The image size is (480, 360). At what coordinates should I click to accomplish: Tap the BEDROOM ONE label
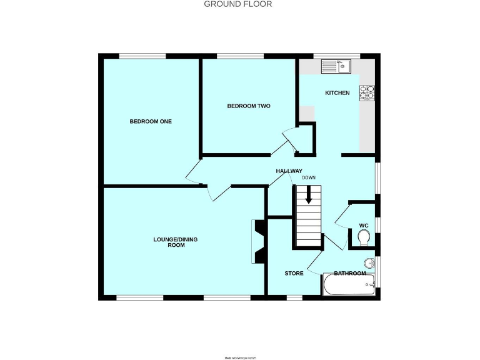pos(151,121)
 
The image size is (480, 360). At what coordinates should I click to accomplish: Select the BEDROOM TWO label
pos(248,106)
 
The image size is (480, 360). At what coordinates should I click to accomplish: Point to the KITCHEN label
pos(337,93)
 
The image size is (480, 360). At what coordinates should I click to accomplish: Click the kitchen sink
pos(337,65)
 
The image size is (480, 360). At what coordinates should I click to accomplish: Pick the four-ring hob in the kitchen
pos(366,92)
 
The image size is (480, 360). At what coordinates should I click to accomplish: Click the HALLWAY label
pos(289,171)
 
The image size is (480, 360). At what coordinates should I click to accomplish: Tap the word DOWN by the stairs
pos(309,177)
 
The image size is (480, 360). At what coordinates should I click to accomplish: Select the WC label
pos(363,225)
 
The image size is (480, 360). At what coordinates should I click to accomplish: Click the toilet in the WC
pos(364,236)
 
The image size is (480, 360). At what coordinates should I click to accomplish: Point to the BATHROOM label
pos(349,273)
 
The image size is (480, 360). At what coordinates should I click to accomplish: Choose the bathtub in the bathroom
pos(349,286)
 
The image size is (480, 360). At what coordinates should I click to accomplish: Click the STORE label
pos(294,273)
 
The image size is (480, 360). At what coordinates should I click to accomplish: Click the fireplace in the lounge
pos(259,241)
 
